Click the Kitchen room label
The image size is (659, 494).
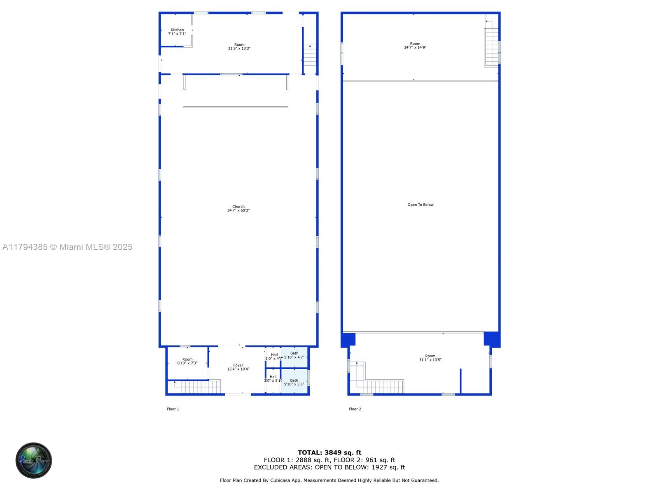click(177, 32)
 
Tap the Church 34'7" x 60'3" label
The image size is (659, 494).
click(238, 208)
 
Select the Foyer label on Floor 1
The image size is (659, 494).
click(238, 367)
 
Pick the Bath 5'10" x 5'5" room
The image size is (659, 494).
click(294, 382)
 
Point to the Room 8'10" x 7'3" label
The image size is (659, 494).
click(187, 361)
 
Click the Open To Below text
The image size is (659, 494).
click(421, 205)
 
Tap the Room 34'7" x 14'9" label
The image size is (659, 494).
click(415, 45)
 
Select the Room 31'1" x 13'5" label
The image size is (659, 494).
click(430, 358)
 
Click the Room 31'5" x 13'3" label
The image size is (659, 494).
click(239, 47)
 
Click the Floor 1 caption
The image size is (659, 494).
click(173, 409)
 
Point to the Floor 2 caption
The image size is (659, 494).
click(355, 409)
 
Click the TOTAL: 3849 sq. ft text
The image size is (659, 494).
click(329, 452)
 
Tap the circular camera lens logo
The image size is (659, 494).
click(34, 460)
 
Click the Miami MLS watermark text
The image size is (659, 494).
click(68, 247)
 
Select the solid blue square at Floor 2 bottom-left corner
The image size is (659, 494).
click(348, 340)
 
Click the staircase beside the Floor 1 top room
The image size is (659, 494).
click(310, 55)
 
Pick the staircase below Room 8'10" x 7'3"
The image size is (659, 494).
click(197, 387)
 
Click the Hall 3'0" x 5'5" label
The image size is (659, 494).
click(273, 379)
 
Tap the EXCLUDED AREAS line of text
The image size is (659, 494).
click(329, 467)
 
